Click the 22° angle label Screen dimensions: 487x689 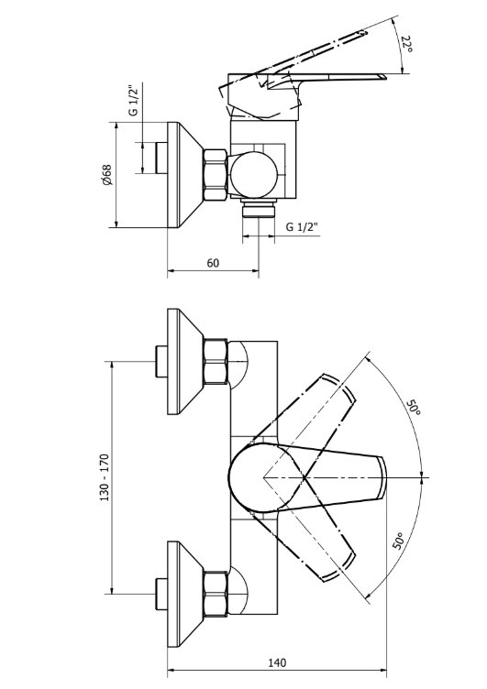[x=406, y=44]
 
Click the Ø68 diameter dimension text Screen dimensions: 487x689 [x=106, y=175]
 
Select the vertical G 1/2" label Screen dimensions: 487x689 [x=133, y=100]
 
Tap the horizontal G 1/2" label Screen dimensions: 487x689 [x=302, y=226]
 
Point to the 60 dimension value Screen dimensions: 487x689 [x=213, y=263]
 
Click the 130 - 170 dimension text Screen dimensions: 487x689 [x=105, y=478]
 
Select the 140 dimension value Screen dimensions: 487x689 [x=277, y=662]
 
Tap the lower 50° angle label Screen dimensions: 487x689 [x=398, y=541]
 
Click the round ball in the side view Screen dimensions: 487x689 [x=255, y=175]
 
